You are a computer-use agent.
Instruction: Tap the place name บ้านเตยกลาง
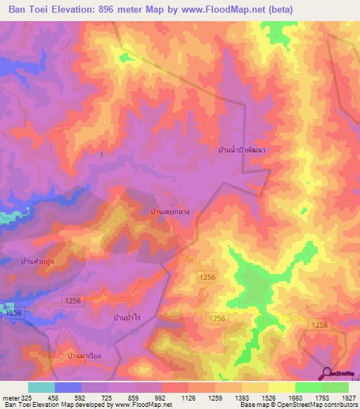point(171,211)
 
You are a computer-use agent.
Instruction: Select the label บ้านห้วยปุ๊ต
point(38,261)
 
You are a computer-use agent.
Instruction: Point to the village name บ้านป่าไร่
point(127,318)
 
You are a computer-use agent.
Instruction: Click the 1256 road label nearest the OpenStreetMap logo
point(320,324)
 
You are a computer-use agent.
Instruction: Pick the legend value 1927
point(348,398)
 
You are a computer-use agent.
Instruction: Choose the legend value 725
point(108,398)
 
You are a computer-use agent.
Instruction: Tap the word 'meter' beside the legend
point(10,398)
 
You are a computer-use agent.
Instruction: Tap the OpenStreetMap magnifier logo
point(328,372)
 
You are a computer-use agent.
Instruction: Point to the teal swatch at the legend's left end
point(41,387)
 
